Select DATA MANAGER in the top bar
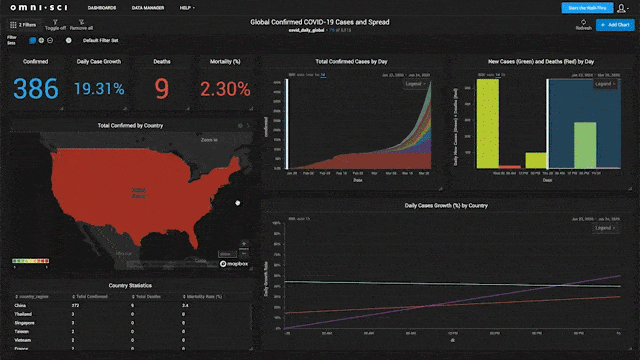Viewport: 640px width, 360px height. (x=149, y=7)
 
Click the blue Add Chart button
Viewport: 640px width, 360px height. (x=612, y=23)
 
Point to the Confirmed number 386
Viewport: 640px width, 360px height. (x=36, y=90)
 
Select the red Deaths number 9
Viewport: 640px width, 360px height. (x=161, y=90)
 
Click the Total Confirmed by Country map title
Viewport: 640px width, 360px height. (x=130, y=126)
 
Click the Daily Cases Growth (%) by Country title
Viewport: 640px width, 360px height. (x=445, y=205)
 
